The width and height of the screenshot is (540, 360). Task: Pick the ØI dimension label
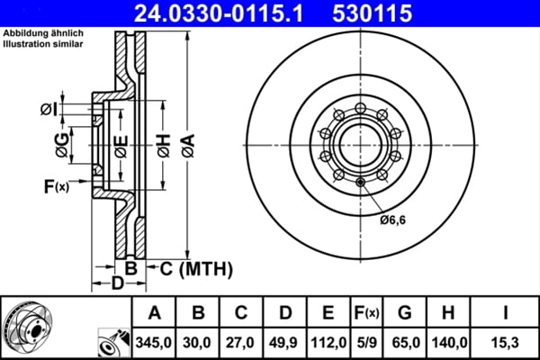49,111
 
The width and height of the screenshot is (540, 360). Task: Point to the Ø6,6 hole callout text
393,219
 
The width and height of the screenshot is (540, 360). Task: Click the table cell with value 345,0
153,343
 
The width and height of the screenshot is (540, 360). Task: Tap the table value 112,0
328,343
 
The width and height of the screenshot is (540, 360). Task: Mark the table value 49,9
284,343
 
